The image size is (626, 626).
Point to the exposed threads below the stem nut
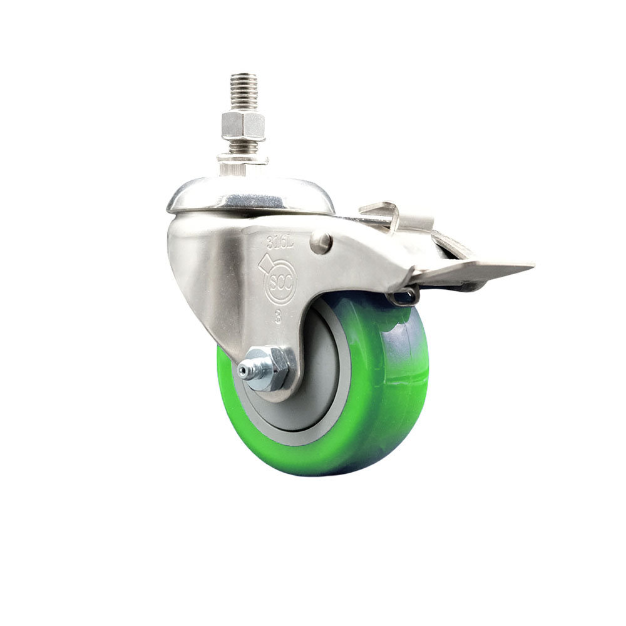[x=242, y=147]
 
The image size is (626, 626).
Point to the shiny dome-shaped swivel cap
[x=250, y=194]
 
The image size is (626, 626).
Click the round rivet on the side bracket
[x=321, y=242]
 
